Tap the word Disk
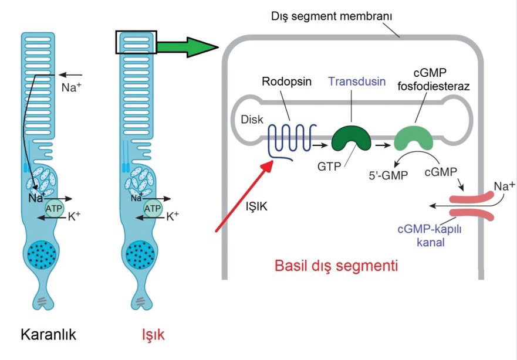pos(251,120)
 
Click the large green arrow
pos(187,45)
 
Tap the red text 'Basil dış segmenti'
pos(336,265)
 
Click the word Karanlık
pos(49,335)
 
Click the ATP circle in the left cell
pos(55,208)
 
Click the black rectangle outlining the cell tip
pos(136,42)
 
